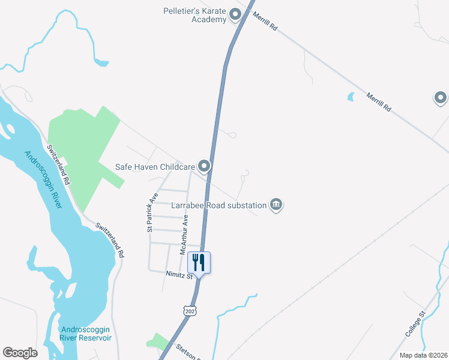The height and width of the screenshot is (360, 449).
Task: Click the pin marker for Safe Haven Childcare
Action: click(205, 166)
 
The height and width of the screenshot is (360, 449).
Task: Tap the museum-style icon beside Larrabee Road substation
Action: click(276, 205)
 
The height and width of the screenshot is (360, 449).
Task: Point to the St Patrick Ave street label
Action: click(152, 212)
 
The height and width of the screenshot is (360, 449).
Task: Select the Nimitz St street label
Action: click(179, 275)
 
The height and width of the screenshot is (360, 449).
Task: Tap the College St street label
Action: click(414, 324)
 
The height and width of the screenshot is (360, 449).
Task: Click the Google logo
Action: click(20, 353)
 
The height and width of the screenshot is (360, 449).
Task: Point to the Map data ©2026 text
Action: click(423, 355)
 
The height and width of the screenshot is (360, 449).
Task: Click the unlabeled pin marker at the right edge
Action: click(441, 97)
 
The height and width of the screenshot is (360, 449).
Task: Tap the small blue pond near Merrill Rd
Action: click(351, 96)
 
